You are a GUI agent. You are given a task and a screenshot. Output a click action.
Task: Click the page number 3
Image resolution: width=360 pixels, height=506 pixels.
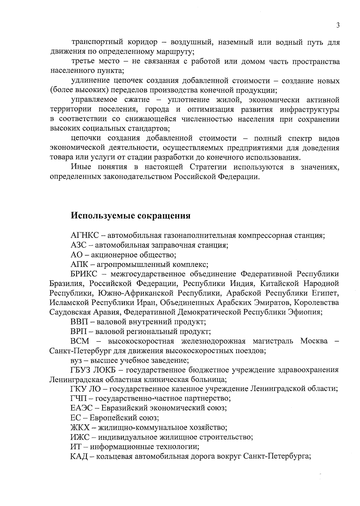[338, 25]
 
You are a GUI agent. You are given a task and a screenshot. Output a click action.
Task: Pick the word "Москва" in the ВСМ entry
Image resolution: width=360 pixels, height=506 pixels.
[314, 341]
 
